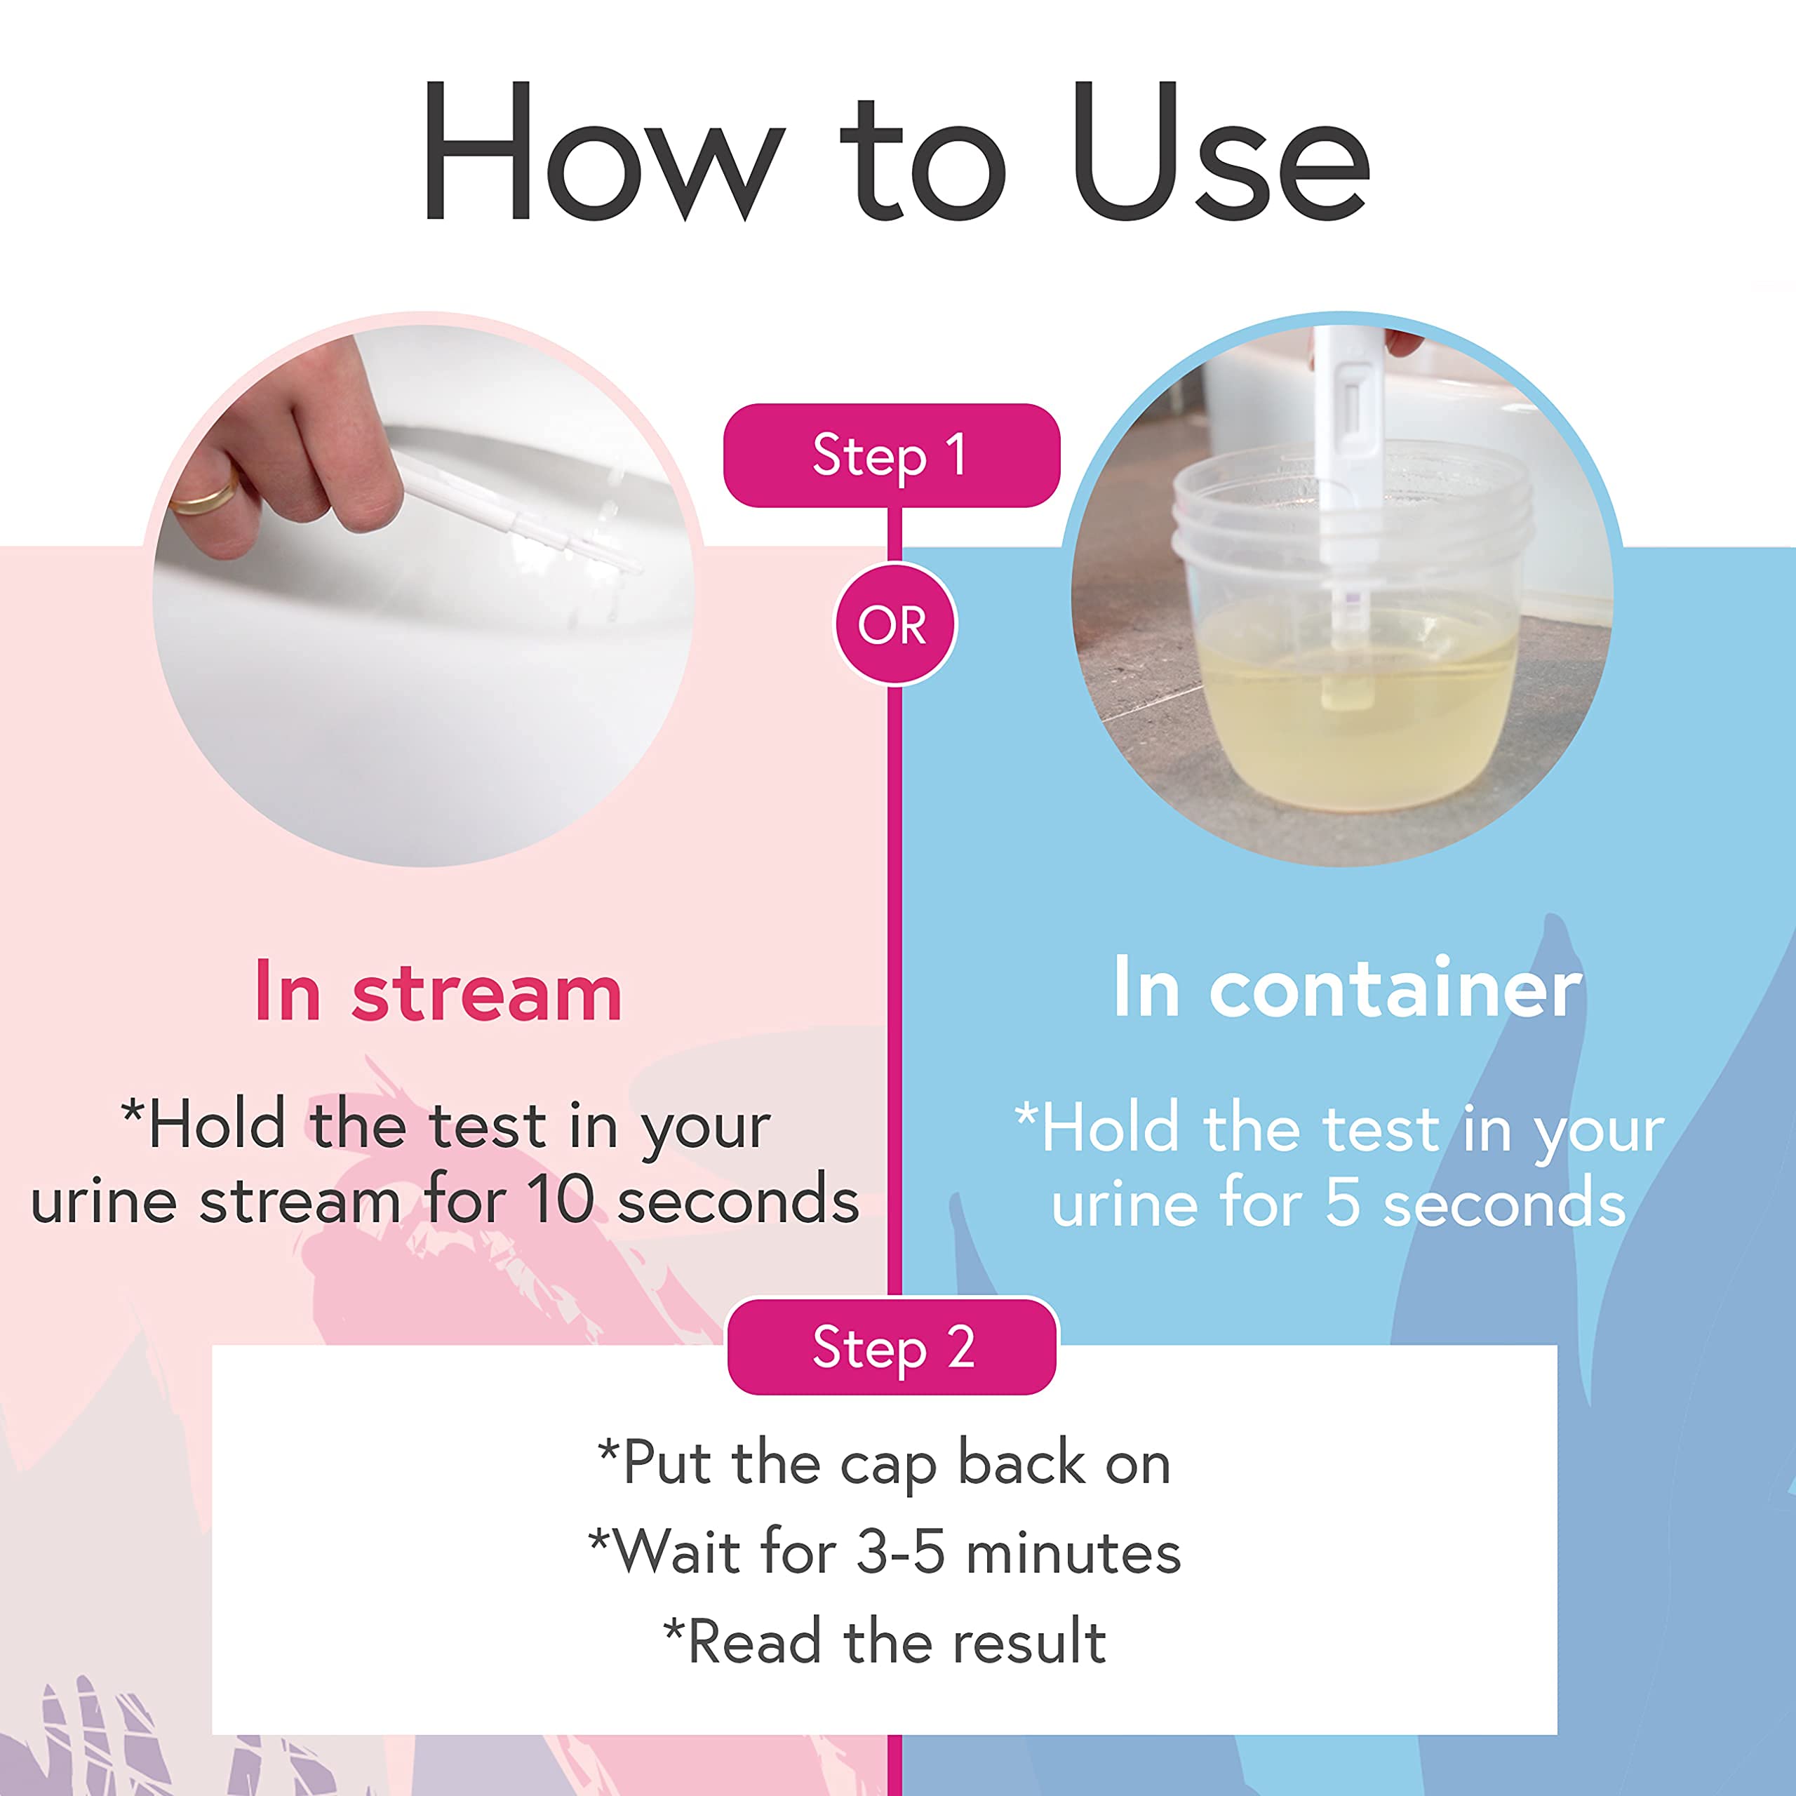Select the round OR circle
tap(893, 624)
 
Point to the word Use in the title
tap(1219, 154)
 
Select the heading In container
tap(1347, 989)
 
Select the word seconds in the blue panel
tap(1504, 1203)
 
